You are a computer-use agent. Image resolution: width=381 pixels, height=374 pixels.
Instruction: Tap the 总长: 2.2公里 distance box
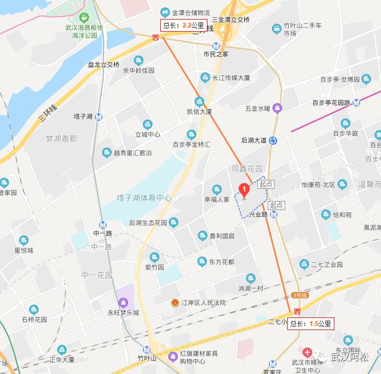[183, 25]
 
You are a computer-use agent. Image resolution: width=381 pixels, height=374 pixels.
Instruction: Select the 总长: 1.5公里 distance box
[311, 324]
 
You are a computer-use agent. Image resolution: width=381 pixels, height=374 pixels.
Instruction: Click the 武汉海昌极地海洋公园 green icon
[85, 17]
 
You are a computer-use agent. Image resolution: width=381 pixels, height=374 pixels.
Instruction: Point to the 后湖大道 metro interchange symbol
[274, 140]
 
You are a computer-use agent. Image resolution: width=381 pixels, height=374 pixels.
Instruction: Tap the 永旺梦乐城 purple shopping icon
[123, 303]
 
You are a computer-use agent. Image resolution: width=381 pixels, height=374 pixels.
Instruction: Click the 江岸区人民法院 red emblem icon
[173, 303]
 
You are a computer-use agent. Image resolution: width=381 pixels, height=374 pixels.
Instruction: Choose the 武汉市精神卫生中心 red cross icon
[306, 352]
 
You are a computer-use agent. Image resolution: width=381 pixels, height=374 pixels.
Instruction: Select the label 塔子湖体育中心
[144, 198]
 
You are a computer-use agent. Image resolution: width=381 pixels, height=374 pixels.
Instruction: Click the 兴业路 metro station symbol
[274, 214]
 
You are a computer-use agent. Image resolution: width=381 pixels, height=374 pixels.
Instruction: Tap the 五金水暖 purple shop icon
[277, 108]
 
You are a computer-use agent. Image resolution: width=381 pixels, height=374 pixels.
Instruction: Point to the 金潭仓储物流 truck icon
[165, 12]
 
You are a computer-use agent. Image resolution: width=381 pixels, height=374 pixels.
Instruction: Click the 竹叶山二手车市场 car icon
[276, 28]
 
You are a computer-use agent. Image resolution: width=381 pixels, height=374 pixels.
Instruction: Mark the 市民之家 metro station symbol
[216, 46]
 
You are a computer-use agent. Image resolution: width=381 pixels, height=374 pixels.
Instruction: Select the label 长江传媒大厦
[231, 78]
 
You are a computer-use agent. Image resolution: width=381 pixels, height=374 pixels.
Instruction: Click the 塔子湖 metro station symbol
[99, 117]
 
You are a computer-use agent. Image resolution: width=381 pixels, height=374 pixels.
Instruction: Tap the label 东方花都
[221, 261]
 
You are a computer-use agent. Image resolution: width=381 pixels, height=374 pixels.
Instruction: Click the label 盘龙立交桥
[104, 65]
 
